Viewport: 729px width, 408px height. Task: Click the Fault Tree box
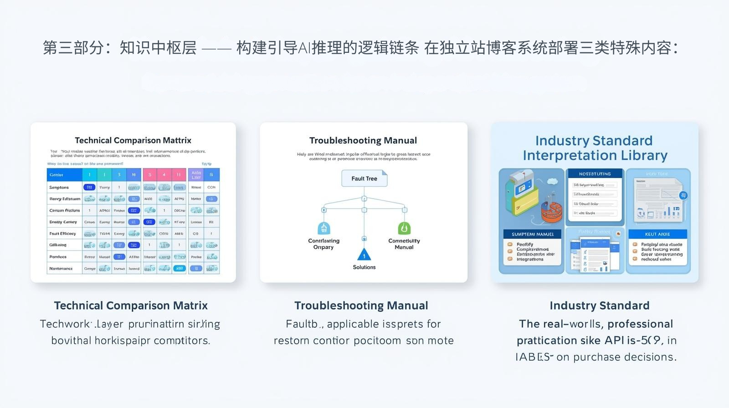[x=364, y=178]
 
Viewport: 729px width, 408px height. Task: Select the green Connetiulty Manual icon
[x=404, y=228]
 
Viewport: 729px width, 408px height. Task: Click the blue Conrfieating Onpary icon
[x=323, y=228]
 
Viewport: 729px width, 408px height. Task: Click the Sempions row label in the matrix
[x=59, y=187]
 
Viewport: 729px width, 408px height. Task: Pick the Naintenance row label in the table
[x=61, y=269]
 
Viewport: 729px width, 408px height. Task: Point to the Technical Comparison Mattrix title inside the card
[x=133, y=140]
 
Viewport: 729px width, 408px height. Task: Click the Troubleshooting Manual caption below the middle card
[x=361, y=306]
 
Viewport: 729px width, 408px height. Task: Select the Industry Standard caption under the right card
[x=599, y=306]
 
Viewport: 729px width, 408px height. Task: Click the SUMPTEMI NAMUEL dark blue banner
[x=532, y=234]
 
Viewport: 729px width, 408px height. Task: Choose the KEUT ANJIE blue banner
[x=657, y=234]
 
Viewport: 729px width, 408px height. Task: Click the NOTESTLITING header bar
[x=595, y=174]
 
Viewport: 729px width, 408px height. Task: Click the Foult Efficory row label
[x=63, y=234]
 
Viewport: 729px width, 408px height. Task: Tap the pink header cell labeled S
[x=150, y=174]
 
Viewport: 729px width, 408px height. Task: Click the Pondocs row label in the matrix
[x=58, y=257]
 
